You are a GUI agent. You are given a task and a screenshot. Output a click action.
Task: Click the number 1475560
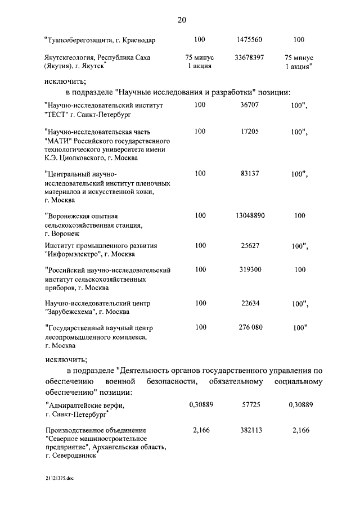click(249, 39)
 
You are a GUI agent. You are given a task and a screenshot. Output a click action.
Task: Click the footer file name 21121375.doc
click(60, 479)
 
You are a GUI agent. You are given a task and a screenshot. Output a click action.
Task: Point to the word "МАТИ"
click(58, 141)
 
